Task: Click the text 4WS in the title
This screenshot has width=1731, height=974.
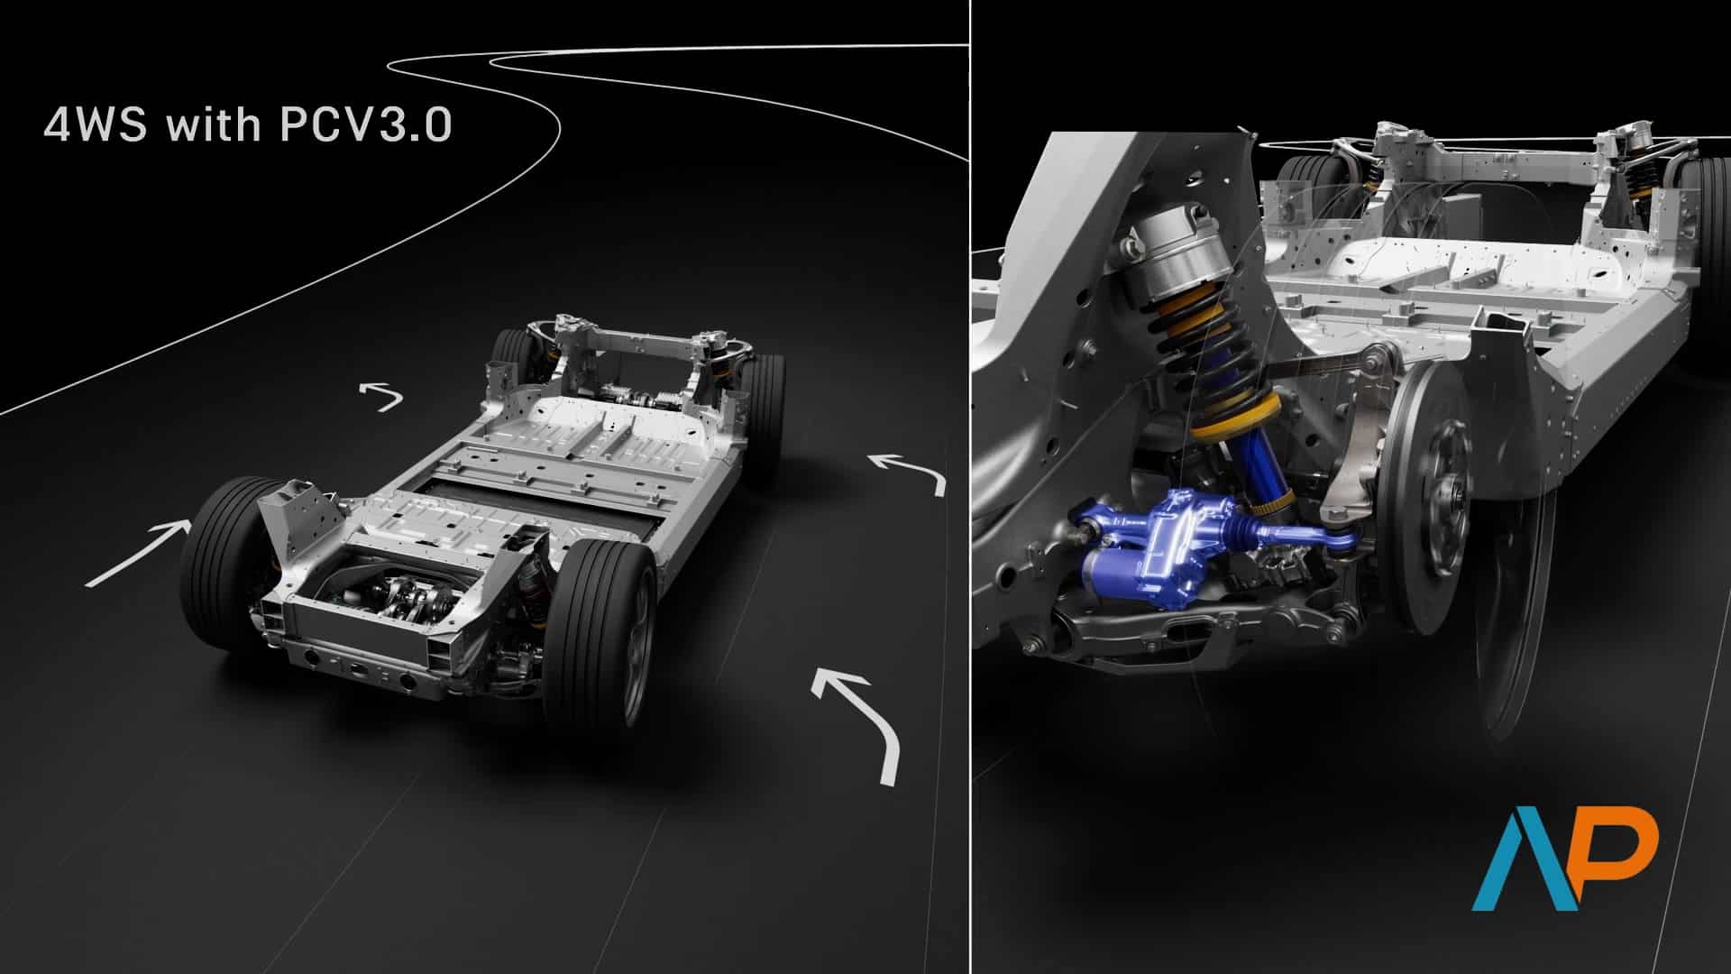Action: (x=96, y=125)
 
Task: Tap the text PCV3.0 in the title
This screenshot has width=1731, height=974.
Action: (x=365, y=125)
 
